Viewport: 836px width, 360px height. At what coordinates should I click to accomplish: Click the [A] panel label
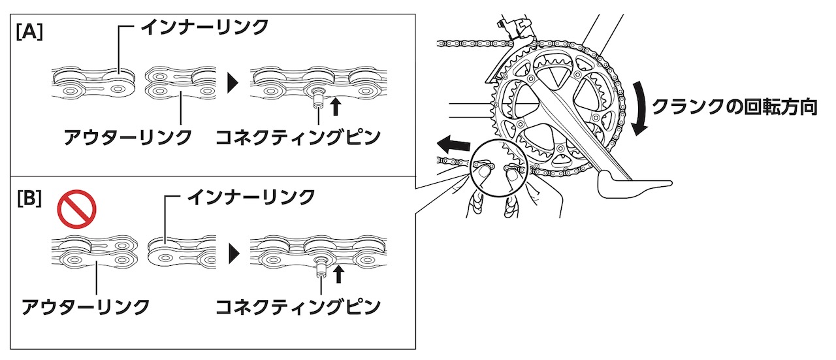tap(29, 33)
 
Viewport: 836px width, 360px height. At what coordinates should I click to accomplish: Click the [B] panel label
tap(29, 199)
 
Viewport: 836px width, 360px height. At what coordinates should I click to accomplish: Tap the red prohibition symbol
tap(77, 209)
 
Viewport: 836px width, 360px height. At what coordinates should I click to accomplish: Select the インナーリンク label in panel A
tap(205, 27)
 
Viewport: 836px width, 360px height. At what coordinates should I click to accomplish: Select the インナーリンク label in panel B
tap(251, 197)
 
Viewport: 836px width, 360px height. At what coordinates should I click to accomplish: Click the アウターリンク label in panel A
tap(128, 137)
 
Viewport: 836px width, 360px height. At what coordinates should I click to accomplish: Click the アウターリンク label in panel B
tap(86, 307)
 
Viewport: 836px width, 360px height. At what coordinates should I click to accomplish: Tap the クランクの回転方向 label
tap(735, 107)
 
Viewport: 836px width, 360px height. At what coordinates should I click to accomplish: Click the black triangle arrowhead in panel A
tap(233, 83)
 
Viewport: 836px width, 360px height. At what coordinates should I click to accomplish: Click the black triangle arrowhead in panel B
tap(234, 254)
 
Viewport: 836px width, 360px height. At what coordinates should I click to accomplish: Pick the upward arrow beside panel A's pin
tap(336, 106)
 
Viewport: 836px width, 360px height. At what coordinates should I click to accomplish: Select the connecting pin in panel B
tap(320, 268)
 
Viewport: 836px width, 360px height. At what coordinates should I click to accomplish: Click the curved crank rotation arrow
tap(641, 108)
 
